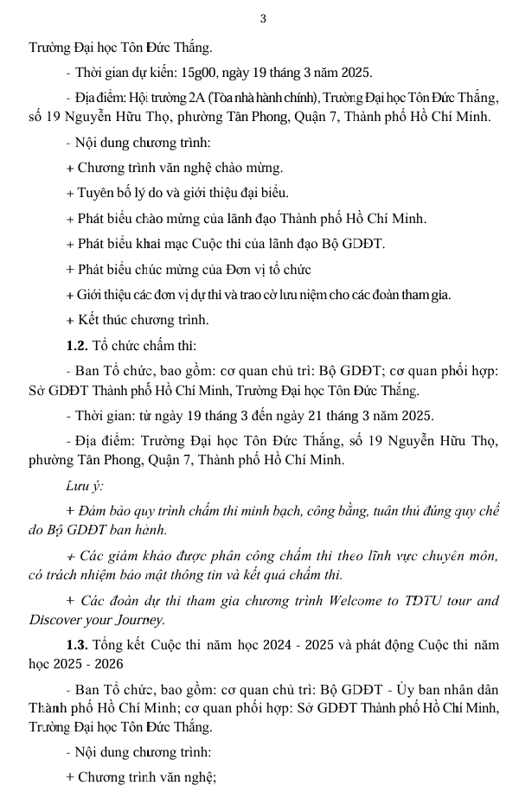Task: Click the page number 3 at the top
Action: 262,19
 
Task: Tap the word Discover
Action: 55,620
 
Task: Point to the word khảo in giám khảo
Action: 159,554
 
